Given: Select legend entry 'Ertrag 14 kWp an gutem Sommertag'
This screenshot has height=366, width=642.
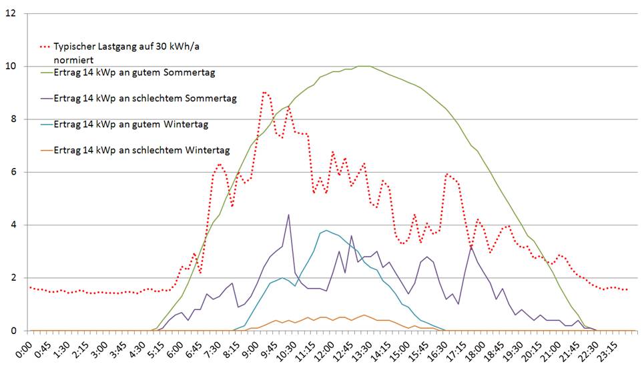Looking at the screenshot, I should (133, 72).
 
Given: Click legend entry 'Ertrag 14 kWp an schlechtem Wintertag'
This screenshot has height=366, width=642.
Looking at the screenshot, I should (141, 150).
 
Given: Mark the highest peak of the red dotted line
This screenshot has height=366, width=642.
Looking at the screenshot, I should (265, 93).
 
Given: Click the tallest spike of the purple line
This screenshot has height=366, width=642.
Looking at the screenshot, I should (288, 215).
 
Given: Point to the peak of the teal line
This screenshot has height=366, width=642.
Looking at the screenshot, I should (326, 230).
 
